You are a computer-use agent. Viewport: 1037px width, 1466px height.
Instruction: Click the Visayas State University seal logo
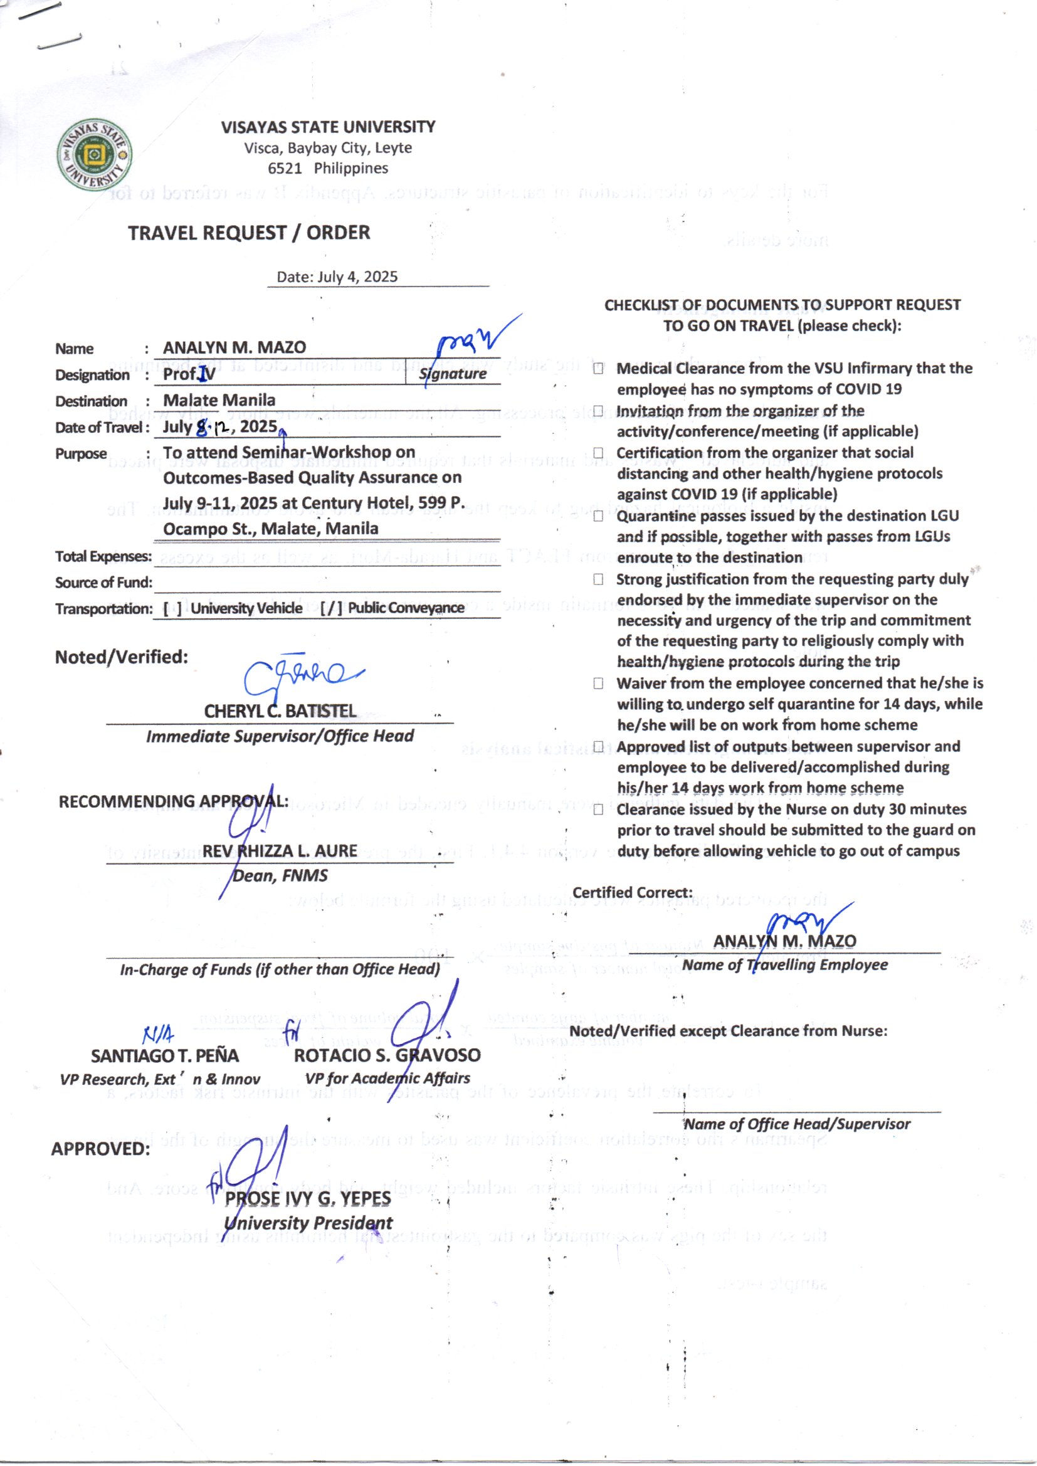point(95,156)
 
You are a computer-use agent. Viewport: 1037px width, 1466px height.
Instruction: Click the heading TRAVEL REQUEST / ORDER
point(248,233)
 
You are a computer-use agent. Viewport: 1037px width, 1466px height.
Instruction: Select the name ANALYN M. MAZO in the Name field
point(234,347)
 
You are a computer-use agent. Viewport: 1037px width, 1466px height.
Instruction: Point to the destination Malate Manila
point(219,400)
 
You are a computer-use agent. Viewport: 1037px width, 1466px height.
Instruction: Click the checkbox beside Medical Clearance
point(598,369)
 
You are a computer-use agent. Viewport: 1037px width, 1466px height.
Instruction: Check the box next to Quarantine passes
point(598,516)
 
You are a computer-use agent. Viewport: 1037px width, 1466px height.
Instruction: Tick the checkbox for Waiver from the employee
point(598,683)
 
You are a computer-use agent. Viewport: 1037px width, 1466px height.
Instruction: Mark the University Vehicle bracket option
point(167,608)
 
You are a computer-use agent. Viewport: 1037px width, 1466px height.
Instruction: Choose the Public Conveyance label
point(406,608)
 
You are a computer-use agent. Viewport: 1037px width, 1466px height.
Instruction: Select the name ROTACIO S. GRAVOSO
point(387,1055)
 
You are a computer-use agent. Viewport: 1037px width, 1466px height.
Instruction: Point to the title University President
point(308,1223)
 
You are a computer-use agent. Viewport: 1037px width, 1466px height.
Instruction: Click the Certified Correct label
point(632,893)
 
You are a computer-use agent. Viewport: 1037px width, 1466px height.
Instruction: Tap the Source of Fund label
point(103,583)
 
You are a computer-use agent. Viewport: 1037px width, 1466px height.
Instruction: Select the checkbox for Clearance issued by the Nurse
point(598,809)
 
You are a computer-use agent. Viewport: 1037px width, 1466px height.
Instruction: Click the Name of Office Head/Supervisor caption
point(797,1124)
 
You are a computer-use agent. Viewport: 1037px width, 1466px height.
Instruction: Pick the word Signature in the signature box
point(453,374)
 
